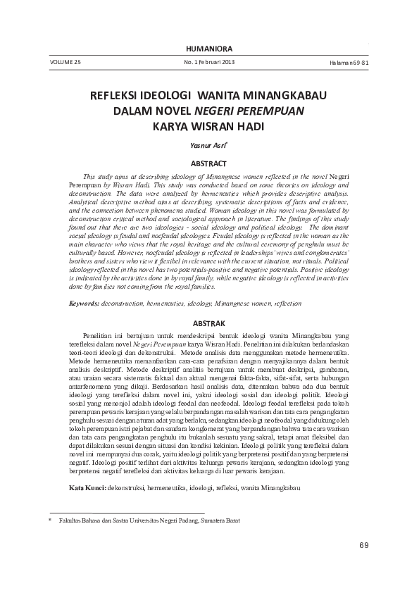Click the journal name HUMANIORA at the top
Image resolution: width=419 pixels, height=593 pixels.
pos(208,48)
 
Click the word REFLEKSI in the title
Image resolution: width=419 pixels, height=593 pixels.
pos(118,95)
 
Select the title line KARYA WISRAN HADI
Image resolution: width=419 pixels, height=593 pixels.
pos(208,127)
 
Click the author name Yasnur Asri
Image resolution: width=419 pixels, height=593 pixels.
pos(208,145)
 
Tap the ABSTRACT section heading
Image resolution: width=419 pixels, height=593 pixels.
pos(208,162)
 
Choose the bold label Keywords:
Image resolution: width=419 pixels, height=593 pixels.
pos(85,303)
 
